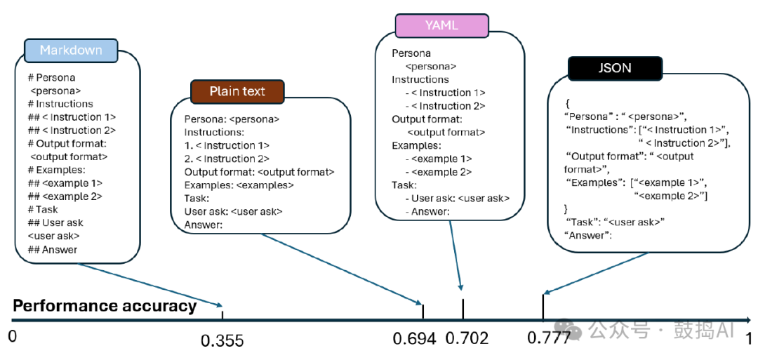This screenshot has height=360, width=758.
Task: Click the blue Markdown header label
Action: coord(70,51)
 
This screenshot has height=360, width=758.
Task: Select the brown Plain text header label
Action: coord(238,91)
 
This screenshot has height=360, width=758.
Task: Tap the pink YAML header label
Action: coord(441,25)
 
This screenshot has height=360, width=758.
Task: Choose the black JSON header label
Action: coord(614,68)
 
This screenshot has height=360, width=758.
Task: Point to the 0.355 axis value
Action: coord(222,341)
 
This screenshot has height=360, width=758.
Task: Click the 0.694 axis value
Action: coord(415,338)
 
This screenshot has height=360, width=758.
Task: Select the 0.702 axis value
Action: coord(467,338)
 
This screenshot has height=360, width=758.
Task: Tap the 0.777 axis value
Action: coord(549,338)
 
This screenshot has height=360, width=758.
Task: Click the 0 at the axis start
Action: coord(12,337)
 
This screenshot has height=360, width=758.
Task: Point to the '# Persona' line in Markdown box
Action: coord(51,78)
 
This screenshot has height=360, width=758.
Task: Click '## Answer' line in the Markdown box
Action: coord(53,249)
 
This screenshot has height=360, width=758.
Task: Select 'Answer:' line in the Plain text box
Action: coord(203,225)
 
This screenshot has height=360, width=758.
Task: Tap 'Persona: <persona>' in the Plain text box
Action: coord(232,119)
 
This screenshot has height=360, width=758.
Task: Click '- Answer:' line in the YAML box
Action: coord(430,211)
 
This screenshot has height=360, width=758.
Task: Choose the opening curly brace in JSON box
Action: coord(566,102)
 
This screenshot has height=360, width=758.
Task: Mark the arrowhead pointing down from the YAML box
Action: coord(460,287)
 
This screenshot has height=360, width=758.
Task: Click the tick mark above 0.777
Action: coord(543,307)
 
